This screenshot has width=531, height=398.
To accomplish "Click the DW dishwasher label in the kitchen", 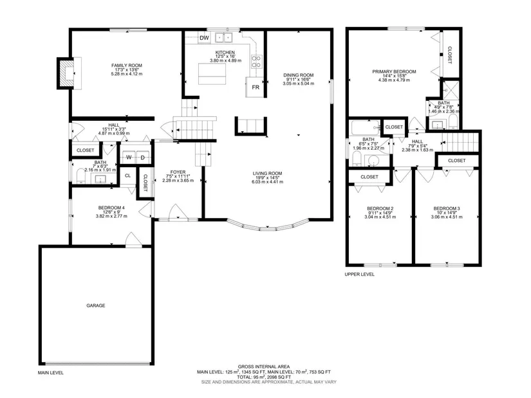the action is click(204, 38).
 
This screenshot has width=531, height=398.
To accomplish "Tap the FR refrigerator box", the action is click(256, 87).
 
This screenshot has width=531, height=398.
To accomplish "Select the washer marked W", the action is click(129, 158).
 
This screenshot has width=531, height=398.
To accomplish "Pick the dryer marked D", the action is click(143, 158).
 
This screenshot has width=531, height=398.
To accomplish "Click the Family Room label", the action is click(127, 66).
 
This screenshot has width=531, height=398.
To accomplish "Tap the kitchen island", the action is click(212, 74).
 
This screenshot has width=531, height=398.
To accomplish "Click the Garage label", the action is click(96, 305).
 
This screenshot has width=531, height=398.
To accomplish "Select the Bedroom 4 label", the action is click(111, 208).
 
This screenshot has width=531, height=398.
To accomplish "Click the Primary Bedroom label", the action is click(394, 72).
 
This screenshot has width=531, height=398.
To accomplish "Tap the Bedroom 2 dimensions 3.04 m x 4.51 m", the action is click(380, 217).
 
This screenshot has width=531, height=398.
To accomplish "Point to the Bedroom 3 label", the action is click(447, 208).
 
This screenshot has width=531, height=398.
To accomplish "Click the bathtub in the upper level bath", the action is click(366, 127).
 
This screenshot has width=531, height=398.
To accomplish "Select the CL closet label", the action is click(127, 176).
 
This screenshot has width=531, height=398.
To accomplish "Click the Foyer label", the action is click(178, 172).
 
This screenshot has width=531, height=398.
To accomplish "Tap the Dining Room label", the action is click(299, 75).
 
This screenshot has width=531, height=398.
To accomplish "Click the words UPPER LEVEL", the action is click(360, 275).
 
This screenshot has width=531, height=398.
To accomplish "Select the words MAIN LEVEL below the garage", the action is click(51, 373).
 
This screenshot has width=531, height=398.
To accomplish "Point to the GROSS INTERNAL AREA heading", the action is click(264, 366).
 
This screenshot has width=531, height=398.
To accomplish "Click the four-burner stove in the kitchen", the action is click(256, 61).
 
